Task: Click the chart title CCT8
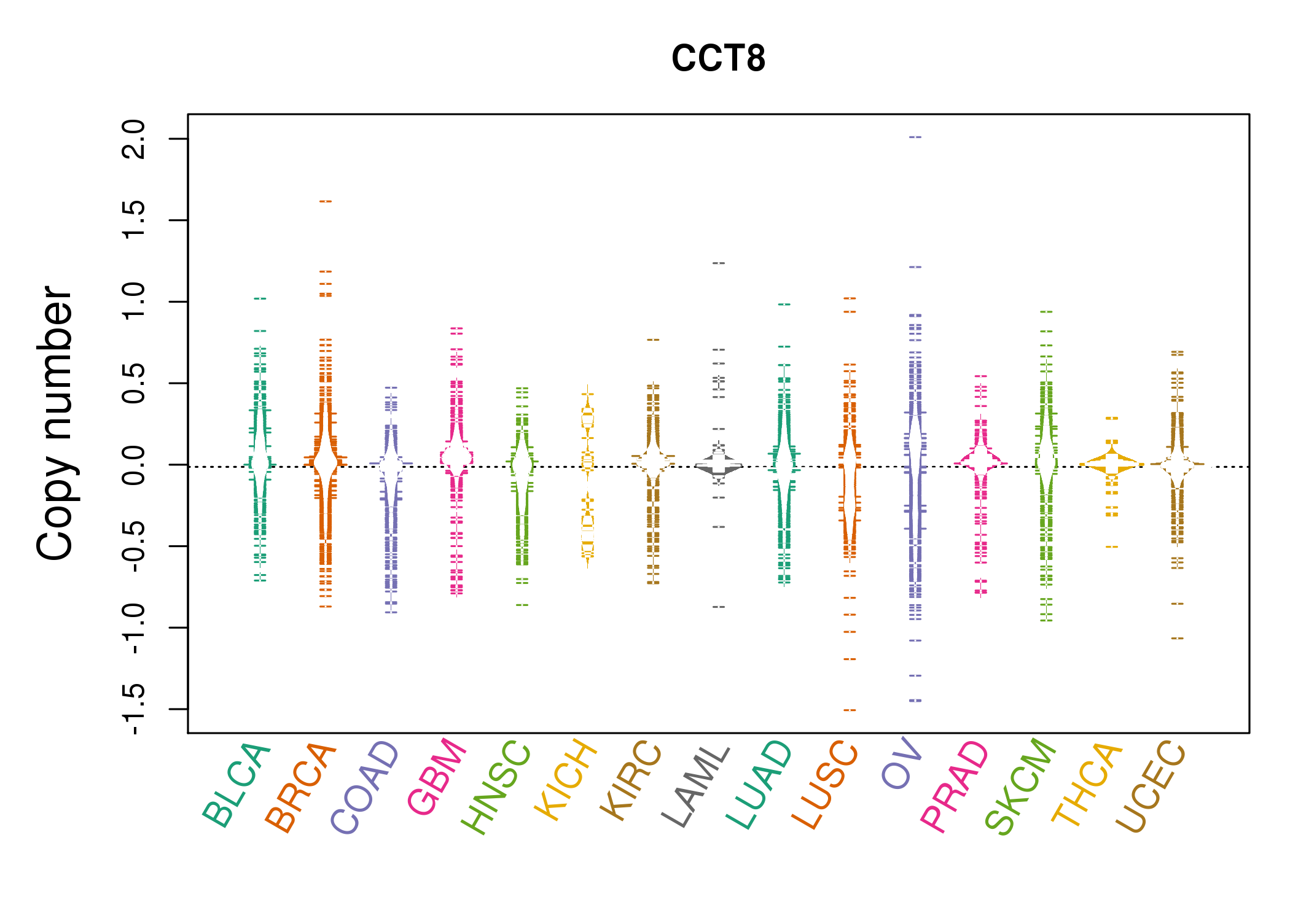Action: tap(718, 59)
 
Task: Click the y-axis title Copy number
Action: tap(54, 423)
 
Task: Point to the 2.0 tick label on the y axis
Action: tap(134, 139)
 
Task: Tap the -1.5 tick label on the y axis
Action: tap(134, 709)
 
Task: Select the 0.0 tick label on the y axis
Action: tap(134, 465)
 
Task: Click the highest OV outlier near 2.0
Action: tap(915, 138)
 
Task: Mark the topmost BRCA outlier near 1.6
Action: tap(326, 201)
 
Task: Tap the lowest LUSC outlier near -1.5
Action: tap(850, 710)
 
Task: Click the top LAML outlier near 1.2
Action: tap(719, 263)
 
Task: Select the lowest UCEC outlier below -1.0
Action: tap(1177, 639)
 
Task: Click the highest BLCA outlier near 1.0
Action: tap(260, 299)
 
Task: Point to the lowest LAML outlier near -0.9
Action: tap(719, 607)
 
